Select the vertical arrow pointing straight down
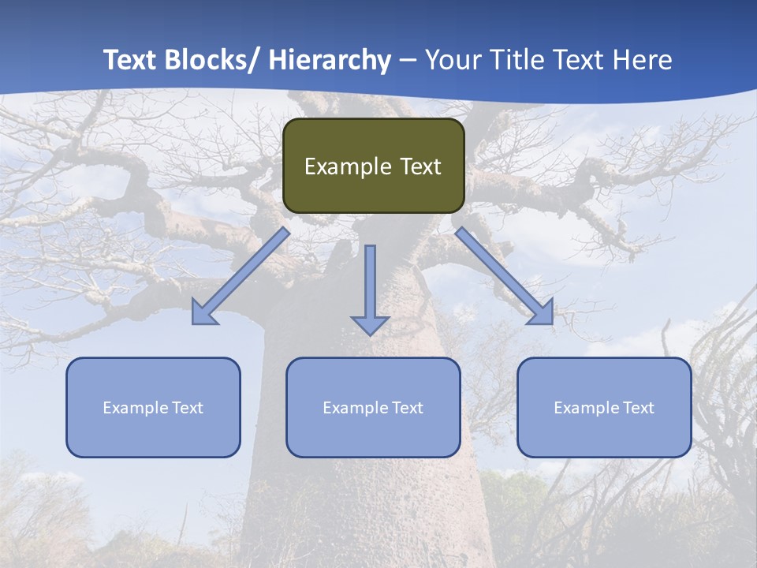coord(370,284)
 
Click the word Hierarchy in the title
coord(329,61)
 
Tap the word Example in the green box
coord(348,167)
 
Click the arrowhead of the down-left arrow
coord(203,315)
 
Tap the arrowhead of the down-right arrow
coord(543,314)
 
